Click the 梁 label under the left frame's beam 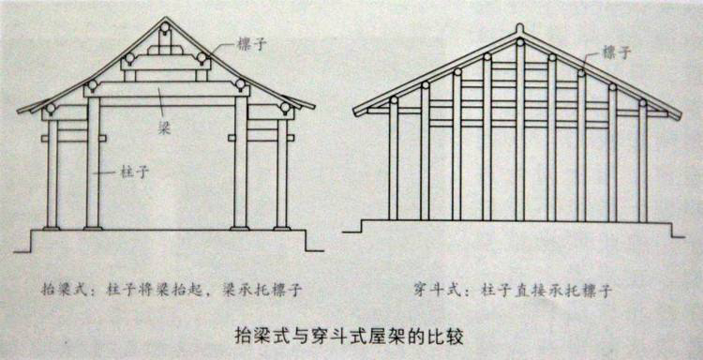click(162, 129)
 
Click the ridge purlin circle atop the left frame click(165, 27)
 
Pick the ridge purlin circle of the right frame click(520, 42)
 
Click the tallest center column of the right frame click(520, 133)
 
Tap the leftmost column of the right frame click(394, 161)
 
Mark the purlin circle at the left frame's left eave click(51, 108)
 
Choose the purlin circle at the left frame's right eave click(285, 108)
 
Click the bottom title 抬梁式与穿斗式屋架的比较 click(349, 337)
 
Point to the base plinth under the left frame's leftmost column click(52, 229)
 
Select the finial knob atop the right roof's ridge click(519, 29)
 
